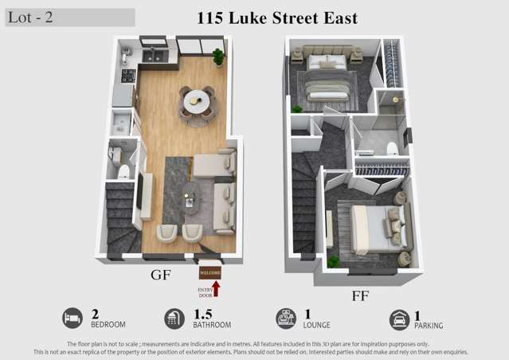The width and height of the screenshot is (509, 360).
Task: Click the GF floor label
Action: [162, 276]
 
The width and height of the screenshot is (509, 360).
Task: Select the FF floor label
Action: [360, 295]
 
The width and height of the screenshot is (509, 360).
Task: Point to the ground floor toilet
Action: [123, 172]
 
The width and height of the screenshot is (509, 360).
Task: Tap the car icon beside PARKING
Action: [399, 319]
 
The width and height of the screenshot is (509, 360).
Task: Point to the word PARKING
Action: [429, 326]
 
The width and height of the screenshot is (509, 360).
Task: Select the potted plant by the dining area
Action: [217, 57]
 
